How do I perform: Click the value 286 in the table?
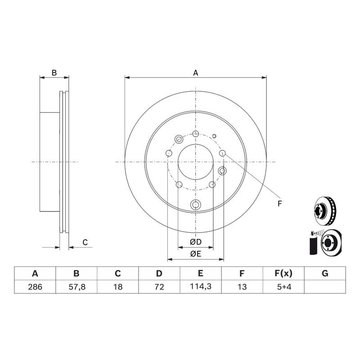[35, 287]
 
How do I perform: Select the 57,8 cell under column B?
[76, 287]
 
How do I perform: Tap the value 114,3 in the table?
[201, 286]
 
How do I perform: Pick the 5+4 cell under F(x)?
[284, 287]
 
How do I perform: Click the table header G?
[325, 274]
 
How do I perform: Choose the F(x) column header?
[283, 274]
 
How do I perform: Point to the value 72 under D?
[159, 287]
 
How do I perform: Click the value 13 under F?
[242, 287]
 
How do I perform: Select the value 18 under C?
[118, 287]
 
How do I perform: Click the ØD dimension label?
[196, 242]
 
